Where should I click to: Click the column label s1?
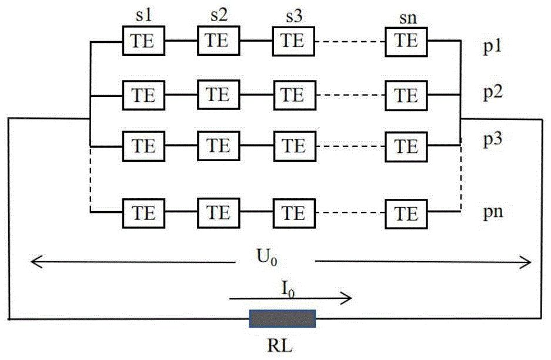point(143,15)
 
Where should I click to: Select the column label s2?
point(219,15)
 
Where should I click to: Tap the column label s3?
point(294,16)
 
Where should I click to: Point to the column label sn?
point(408,18)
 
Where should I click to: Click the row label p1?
point(492,46)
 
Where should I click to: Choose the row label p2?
point(493,92)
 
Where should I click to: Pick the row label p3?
point(493,139)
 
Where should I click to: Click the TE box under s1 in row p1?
point(143,41)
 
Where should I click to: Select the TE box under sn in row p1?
point(406,42)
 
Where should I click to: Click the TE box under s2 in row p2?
point(219,95)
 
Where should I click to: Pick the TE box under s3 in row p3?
point(295,146)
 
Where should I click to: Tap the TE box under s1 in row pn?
point(143,213)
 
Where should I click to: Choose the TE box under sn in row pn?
point(406,214)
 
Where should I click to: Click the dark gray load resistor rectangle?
point(282,318)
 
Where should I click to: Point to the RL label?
point(280,346)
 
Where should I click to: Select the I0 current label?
point(288,289)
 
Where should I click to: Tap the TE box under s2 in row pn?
point(219,213)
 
